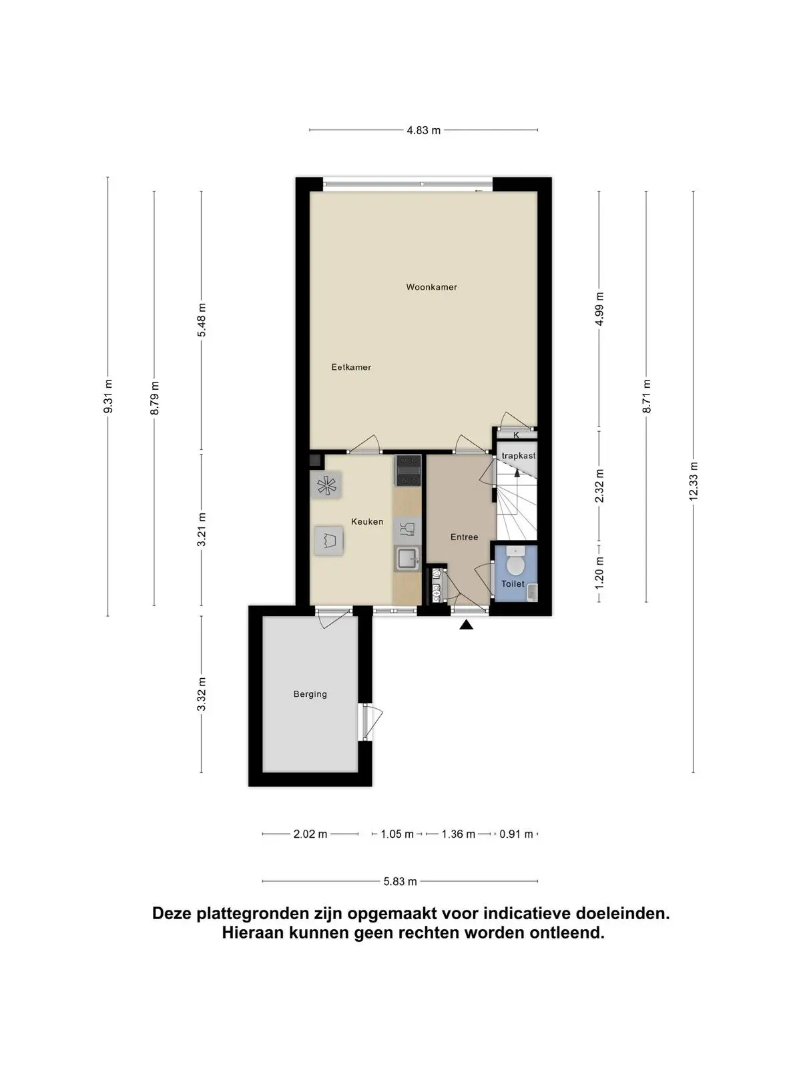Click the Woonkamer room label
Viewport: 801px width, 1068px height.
pos(431,287)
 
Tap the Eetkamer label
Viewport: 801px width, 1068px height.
pos(351,367)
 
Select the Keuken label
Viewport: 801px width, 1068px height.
pos(367,521)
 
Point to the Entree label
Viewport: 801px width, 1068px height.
pos(464,537)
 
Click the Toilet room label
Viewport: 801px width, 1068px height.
pos(513,584)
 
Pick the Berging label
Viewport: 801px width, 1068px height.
pos(310,694)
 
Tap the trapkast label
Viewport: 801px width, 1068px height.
pos(519,456)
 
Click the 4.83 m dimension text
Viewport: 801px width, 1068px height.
pos(424,130)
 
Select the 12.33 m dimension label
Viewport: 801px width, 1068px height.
pos(694,481)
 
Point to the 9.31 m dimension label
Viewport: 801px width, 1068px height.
pos(108,396)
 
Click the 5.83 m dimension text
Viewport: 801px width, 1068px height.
pos(400,882)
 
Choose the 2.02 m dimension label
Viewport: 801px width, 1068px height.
pos(310,834)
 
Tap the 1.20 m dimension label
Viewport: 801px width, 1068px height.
pos(599,571)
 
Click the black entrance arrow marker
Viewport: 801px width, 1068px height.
pos(467,624)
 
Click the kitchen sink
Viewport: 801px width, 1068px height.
pos(407,559)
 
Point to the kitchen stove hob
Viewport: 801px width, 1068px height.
pos(408,471)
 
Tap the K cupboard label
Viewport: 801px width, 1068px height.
pos(516,435)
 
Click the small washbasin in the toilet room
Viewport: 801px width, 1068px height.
pos(532,592)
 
